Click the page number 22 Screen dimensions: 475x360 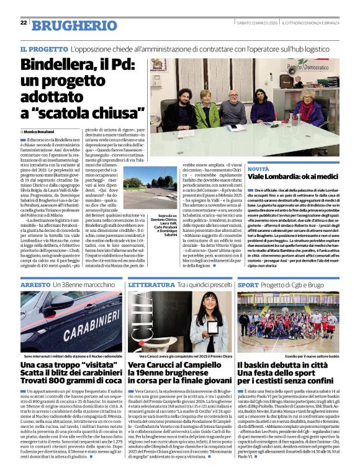23,23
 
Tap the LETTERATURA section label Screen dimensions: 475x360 150,285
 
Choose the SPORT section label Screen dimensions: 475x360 248,285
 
